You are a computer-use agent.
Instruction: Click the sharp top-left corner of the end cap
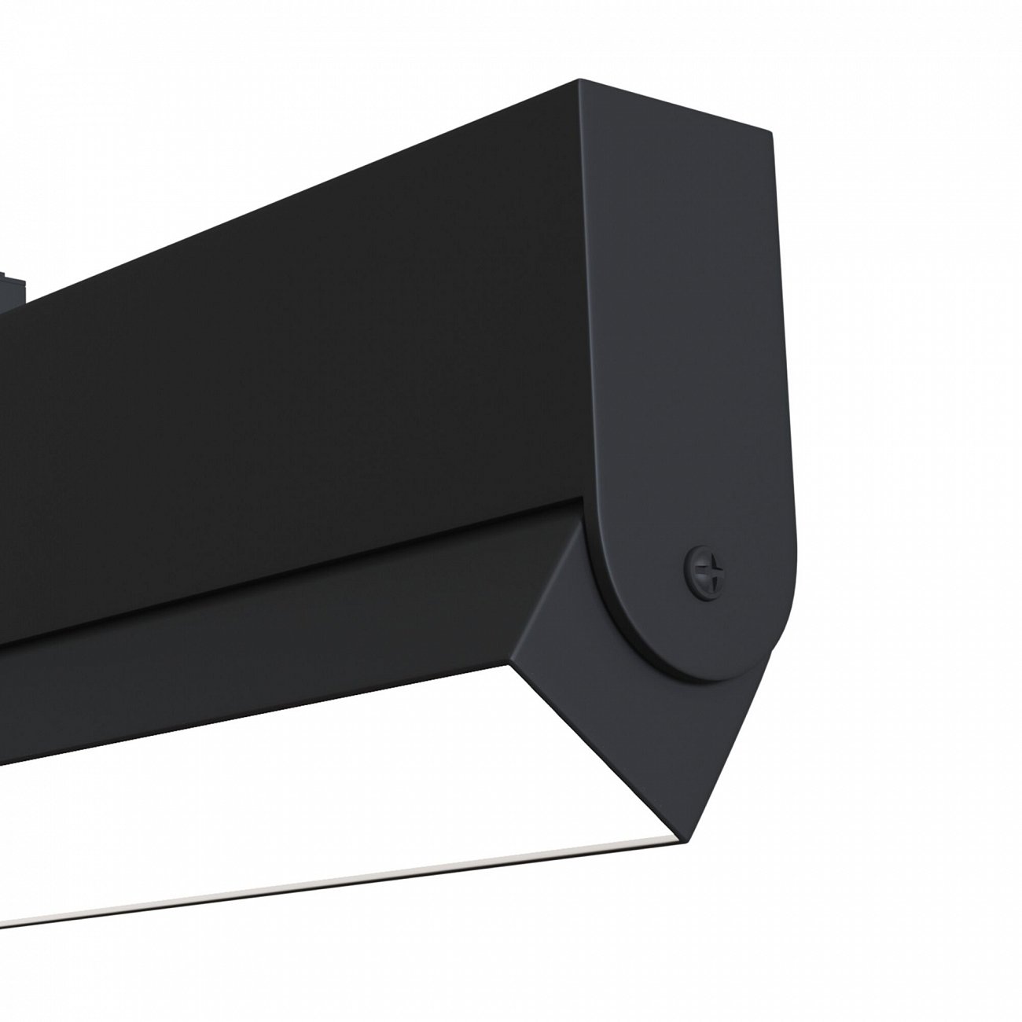coord(580,79)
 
